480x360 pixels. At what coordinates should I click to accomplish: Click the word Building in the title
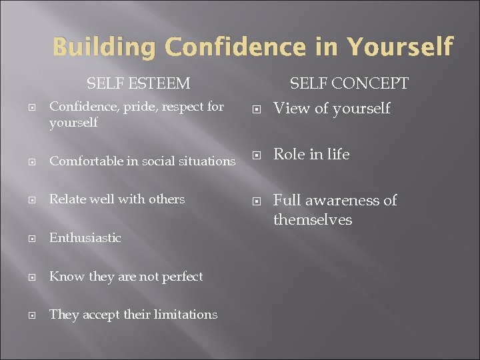[x=104, y=47]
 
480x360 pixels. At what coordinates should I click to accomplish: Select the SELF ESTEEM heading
[x=138, y=83]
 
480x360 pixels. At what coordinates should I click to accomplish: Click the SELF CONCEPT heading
[x=349, y=83]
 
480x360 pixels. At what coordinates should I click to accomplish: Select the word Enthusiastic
[x=85, y=237]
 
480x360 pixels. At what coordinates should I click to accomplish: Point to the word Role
[x=289, y=154]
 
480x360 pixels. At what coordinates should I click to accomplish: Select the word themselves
[x=313, y=219]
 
